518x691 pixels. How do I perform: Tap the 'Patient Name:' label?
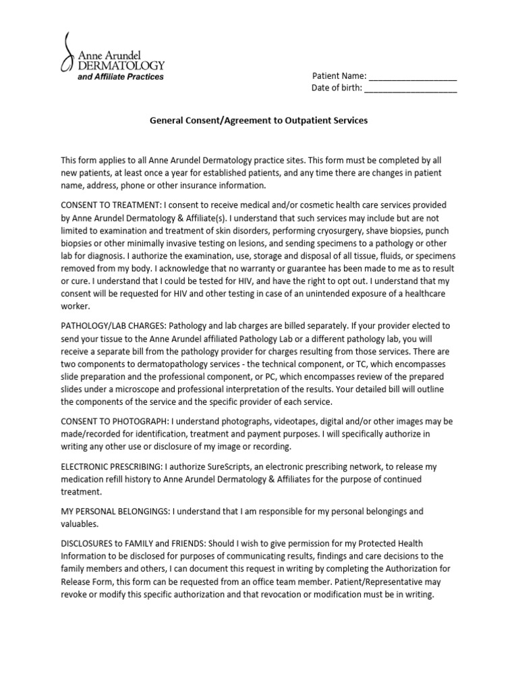pyautogui.click(x=339, y=76)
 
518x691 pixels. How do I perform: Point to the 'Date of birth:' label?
pyautogui.click(x=337, y=88)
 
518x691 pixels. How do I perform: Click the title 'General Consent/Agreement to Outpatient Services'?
pyautogui.click(x=258, y=121)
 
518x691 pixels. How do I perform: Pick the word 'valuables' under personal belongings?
pyautogui.click(x=80, y=524)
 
